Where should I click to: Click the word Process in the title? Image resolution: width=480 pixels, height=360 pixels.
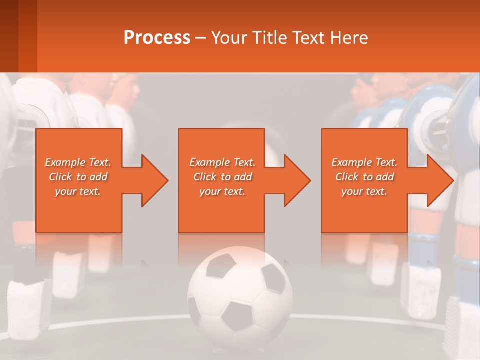157,37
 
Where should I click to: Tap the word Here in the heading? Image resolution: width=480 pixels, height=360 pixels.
348,37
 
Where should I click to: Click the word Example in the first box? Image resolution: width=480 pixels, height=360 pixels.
65,162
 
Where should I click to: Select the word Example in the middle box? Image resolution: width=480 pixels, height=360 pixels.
209,162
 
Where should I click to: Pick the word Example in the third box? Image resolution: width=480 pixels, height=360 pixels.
351,162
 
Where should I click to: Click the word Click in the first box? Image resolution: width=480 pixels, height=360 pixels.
60,177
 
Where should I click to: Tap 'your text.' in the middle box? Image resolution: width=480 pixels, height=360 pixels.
222,191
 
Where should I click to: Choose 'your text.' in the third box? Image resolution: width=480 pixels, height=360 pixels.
364,191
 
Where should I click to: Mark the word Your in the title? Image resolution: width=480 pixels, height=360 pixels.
227,37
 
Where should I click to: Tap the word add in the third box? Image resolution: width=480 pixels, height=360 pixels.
385,177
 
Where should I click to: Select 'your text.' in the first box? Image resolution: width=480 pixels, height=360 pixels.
78,191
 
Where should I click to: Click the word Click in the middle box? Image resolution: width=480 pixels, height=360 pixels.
205,177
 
